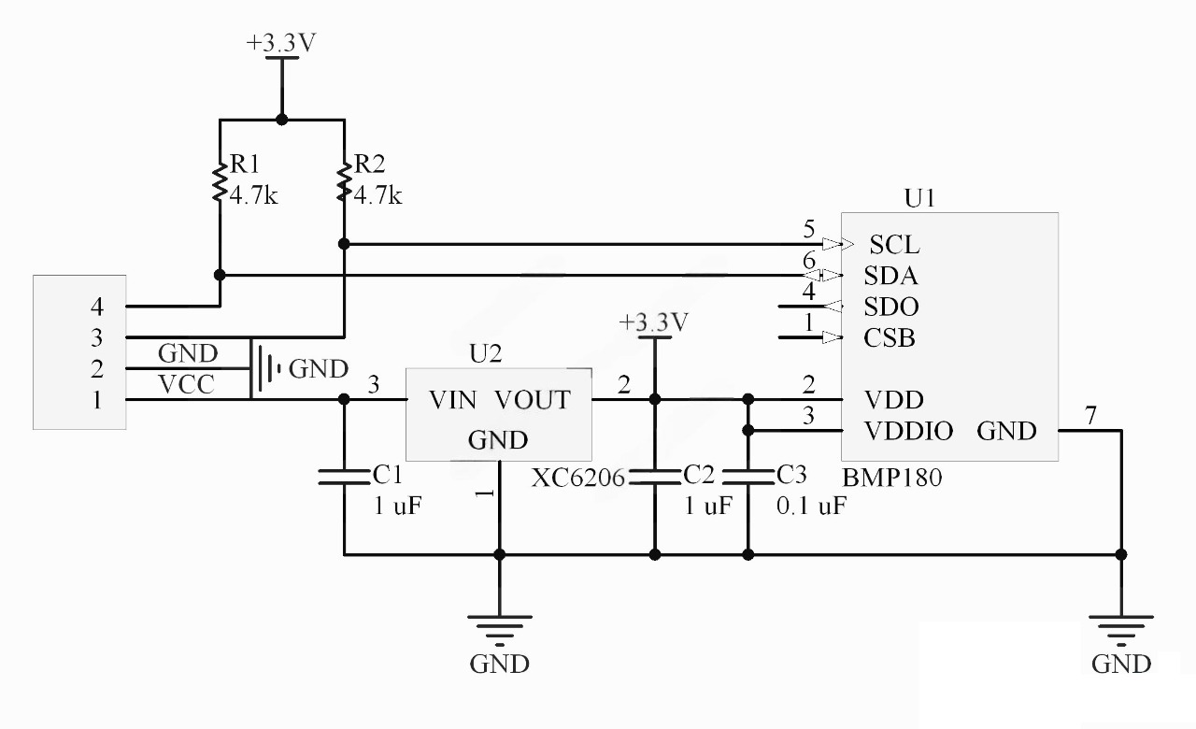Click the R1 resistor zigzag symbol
(x=220, y=182)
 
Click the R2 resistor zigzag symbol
(x=345, y=182)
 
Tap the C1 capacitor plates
(x=344, y=477)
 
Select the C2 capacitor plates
(x=654, y=477)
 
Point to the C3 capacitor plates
(x=747, y=477)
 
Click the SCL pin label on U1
(x=894, y=245)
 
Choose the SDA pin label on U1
(x=890, y=276)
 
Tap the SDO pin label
(x=891, y=307)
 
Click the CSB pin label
(x=890, y=337)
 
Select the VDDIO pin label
(x=909, y=431)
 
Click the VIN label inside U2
(x=452, y=400)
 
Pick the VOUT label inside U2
(x=532, y=400)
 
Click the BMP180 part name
(x=892, y=477)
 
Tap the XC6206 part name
(x=578, y=479)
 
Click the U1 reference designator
(x=919, y=199)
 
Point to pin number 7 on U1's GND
(x=1090, y=415)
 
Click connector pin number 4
(x=96, y=306)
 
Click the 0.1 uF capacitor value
(x=812, y=507)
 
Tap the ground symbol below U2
(x=500, y=628)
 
